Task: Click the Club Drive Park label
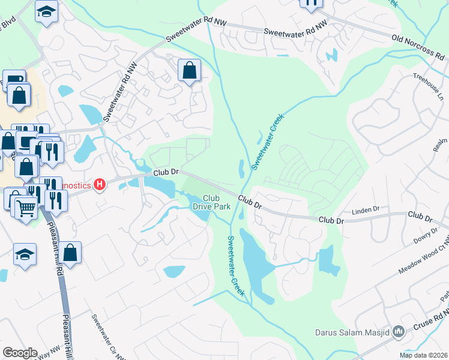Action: tap(211, 202)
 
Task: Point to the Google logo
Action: tap(19, 353)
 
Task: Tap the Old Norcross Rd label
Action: tap(420, 47)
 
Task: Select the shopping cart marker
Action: tap(25, 208)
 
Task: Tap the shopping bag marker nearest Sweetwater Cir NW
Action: tap(70, 253)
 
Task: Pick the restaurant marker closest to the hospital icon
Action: tap(55, 200)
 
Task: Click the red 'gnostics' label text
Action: tap(77, 186)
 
